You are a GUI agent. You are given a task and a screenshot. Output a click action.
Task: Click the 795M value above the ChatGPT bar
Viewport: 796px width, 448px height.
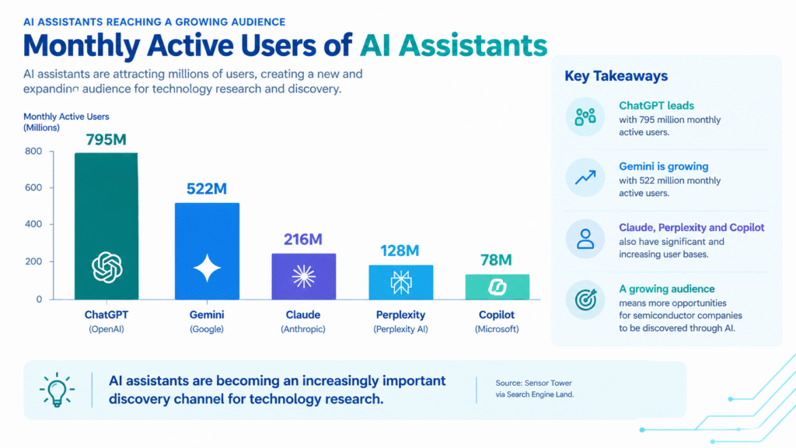[x=106, y=140]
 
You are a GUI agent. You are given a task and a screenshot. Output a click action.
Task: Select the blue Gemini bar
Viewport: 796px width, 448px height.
[x=207, y=251]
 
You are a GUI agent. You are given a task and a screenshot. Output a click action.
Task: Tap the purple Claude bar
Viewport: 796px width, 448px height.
[x=304, y=276]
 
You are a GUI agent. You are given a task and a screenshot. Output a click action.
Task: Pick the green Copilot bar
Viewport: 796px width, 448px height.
[x=497, y=287]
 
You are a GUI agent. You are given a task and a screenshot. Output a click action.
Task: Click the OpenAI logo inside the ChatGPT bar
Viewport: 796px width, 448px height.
[x=107, y=268]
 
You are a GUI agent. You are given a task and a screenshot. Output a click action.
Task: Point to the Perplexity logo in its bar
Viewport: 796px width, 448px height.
[x=401, y=282]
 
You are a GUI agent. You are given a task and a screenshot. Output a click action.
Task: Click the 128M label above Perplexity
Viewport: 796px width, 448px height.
[x=400, y=251]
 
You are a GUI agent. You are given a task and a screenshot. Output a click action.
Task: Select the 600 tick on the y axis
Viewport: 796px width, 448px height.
[x=33, y=187]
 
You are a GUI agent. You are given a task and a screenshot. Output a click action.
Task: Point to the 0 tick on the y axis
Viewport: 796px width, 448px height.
[x=39, y=299]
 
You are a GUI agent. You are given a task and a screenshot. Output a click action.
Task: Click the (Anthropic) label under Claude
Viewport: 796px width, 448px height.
[x=303, y=329]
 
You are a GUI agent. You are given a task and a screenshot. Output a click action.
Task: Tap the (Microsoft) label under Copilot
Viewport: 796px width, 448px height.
[x=497, y=329]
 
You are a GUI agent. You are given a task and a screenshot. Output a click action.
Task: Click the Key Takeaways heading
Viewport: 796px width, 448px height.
[x=616, y=76]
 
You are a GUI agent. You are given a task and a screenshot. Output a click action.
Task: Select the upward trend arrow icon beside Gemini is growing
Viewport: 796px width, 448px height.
[x=585, y=177]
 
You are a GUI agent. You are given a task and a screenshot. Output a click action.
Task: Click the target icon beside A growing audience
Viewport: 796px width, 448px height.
[x=585, y=299]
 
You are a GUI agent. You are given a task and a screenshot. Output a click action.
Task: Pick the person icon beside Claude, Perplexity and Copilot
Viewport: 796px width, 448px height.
[x=585, y=239]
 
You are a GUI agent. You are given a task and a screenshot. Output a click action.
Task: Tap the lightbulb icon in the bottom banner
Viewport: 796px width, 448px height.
[x=57, y=390]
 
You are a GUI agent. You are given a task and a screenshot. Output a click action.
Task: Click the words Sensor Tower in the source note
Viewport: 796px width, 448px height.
[x=548, y=383]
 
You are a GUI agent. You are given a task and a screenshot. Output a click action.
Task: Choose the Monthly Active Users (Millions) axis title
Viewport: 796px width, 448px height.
[x=66, y=122]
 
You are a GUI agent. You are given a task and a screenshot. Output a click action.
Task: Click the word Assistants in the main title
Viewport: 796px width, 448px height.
[x=473, y=45]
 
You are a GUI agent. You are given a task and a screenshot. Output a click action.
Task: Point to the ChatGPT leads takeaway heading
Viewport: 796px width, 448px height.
[x=656, y=106]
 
